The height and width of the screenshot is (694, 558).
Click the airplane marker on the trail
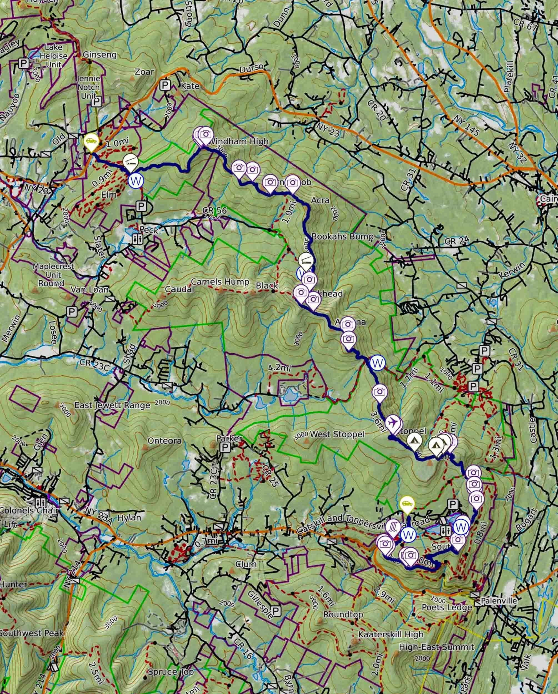tap(392, 421)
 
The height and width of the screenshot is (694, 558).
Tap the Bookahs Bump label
tap(342, 237)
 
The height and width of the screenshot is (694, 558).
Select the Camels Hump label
tap(220, 282)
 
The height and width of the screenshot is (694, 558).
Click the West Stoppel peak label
tap(337, 434)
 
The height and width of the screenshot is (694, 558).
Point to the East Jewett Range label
tap(112, 405)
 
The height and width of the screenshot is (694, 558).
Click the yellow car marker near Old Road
tap(91, 141)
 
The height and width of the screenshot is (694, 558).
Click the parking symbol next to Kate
tap(165, 85)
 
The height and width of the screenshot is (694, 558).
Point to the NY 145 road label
tap(467, 125)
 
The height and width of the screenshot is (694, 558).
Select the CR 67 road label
tap(526, 25)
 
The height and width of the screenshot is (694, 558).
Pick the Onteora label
tap(164, 441)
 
